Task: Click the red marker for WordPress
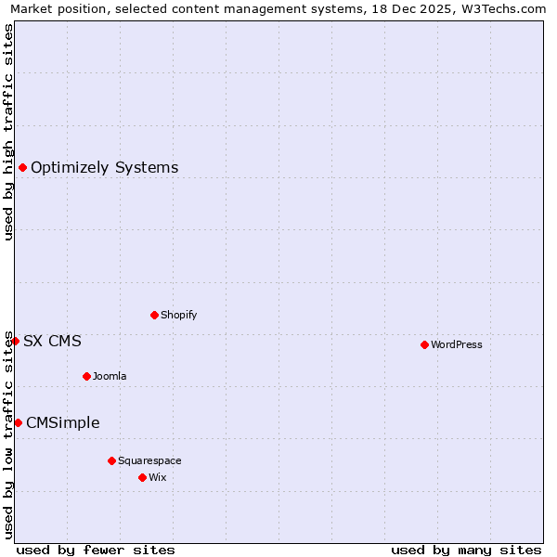pos(424,344)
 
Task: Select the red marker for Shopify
pos(154,315)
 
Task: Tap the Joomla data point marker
pos(86,376)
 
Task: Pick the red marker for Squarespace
pos(111,460)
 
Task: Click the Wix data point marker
pos(142,477)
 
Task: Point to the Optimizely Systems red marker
pos(22,167)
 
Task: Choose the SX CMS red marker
pos(15,341)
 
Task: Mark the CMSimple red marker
pos(18,422)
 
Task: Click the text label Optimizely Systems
pos(104,168)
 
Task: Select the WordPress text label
pos(456,344)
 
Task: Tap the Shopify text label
pos(178,315)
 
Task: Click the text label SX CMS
pos(52,342)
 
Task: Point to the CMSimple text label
pos(62,423)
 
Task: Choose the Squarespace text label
pos(149,460)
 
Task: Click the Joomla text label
pos(110,376)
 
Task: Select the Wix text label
pos(157,477)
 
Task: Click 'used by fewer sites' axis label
pos(96,550)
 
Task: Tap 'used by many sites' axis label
pos(466,550)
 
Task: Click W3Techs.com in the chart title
pos(507,8)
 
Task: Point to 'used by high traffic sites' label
pos(8,132)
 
